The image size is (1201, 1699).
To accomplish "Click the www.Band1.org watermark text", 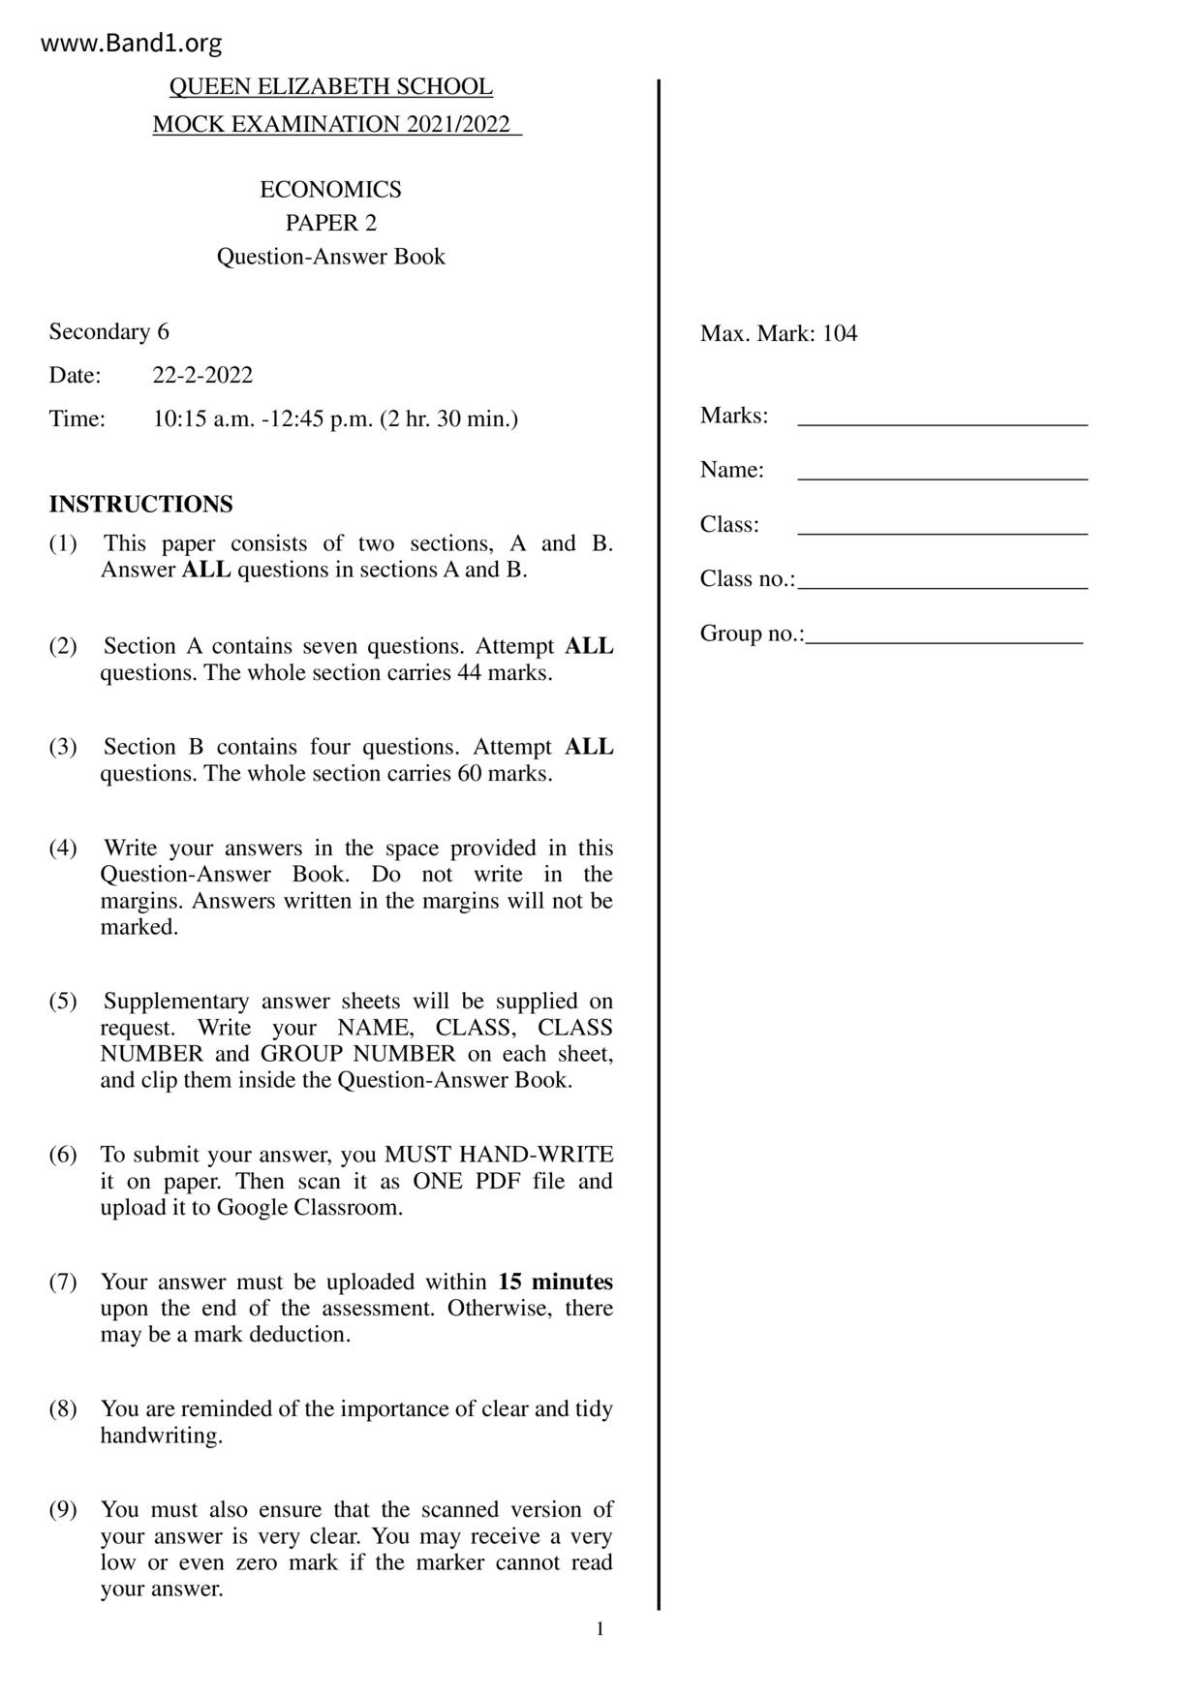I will (x=132, y=44).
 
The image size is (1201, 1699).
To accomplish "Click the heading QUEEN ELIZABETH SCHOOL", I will (x=330, y=87).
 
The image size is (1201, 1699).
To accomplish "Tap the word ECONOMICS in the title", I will (x=330, y=190).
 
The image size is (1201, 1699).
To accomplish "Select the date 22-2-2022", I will (x=202, y=376).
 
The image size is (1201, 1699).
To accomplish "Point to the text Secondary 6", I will (x=108, y=332).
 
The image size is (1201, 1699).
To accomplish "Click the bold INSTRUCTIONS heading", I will (x=140, y=505).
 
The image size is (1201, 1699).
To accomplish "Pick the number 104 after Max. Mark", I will (x=840, y=334).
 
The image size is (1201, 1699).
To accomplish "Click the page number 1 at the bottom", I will (x=600, y=1629).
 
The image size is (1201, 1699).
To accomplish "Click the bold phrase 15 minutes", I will (x=555, y=1282).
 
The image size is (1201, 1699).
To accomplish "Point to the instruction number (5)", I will (x=63, y=1002).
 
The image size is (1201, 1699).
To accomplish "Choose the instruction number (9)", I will (x=63, y=1510).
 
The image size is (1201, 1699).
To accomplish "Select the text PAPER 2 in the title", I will (x=330, y=224).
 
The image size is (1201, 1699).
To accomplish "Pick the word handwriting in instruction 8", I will (x=161, y=1436).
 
